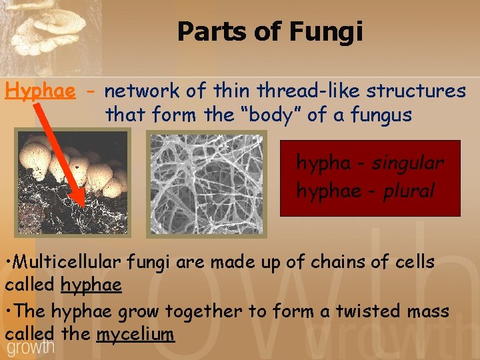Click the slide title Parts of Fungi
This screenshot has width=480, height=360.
click(x=270, y=32)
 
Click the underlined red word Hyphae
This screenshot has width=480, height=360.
click(x=40, y=91)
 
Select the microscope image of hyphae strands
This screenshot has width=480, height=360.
click(x=206, y=183)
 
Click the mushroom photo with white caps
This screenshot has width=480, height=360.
click(x=73, y=183)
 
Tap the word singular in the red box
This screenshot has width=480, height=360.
click(x=408, y=163)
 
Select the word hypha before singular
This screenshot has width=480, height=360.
click(x=322, y=163)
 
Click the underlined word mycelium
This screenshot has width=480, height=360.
click(x=135, y=334)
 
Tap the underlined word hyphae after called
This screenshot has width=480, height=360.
click(x=91, y=285)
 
